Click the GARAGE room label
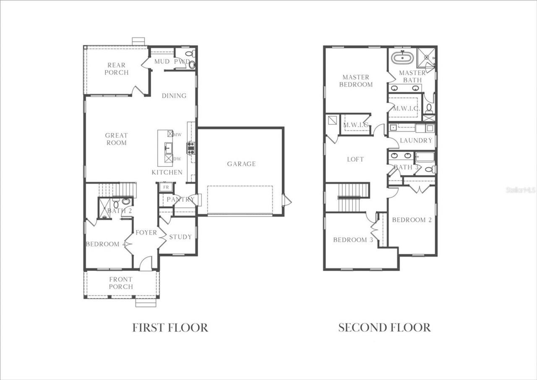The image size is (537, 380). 241,164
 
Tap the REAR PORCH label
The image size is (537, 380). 116,69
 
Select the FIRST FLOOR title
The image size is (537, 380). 170,328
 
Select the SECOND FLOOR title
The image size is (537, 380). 384,328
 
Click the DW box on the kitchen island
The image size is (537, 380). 169,159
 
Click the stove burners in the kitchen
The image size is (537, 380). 191,148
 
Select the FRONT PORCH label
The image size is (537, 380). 121,283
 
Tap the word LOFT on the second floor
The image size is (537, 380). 355,159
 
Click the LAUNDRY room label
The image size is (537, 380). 416,141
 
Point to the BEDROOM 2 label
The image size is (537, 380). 412,220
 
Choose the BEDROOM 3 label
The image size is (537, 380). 353,240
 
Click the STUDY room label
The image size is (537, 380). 180,237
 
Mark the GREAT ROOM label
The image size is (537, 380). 116,139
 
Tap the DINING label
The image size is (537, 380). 174,96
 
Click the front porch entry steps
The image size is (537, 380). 146,302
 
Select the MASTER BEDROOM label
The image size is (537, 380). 356,81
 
